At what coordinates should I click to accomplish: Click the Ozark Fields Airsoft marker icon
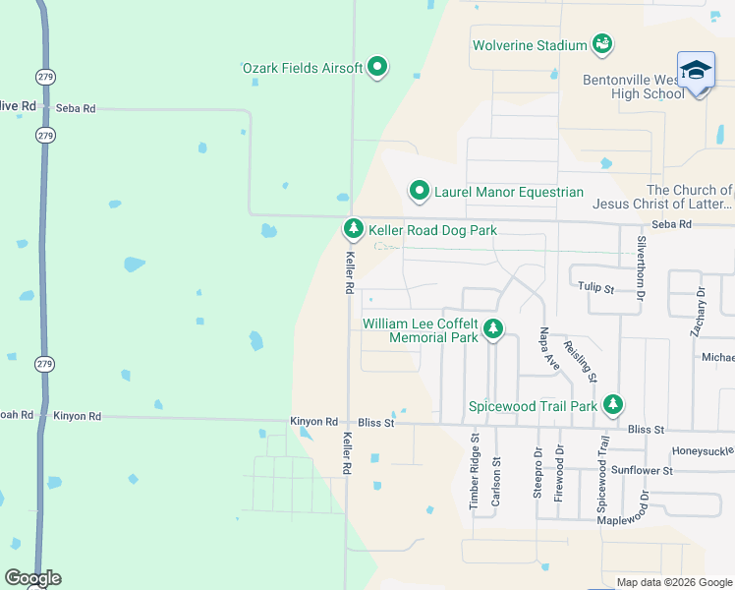coord(377,68)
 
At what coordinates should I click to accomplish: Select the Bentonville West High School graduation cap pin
coord(696,72)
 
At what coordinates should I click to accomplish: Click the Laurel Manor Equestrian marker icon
coord(420,191)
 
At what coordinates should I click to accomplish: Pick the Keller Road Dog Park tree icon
coord(353,229)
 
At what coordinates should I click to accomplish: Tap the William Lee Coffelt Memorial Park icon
coord(493,329)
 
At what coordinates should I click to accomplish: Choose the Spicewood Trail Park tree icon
coord(613,404)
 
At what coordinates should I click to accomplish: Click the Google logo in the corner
coord(32,578)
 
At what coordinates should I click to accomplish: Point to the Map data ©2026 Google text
coord(673,582)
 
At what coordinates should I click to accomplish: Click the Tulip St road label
coord(595,289)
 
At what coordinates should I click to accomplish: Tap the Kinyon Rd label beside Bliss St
coord(313,422)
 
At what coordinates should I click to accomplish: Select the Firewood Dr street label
coord(560,473)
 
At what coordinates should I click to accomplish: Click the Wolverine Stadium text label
coord(529,45)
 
